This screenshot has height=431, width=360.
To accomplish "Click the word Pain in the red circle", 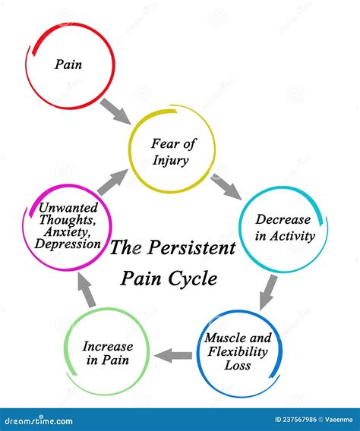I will point(68,64).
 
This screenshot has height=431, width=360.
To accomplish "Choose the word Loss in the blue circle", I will point(239,366).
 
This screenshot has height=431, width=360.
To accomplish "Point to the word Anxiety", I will point(68,231).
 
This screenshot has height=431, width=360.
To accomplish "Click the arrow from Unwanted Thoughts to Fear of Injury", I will point(112,182).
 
